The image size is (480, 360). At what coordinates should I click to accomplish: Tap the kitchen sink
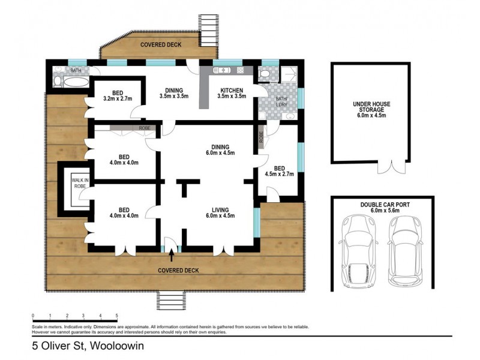221,70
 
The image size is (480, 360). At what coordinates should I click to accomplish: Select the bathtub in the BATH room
76,82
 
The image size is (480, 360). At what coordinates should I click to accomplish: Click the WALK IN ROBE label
80,183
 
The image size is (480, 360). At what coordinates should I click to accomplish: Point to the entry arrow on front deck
172,256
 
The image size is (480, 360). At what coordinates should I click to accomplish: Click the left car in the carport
358,251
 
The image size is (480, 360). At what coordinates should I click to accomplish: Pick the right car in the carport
406,251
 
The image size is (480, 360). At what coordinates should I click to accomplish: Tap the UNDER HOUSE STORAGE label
371,110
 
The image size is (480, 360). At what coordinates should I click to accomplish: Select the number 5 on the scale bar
116,316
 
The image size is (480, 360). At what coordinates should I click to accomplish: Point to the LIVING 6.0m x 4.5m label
220,213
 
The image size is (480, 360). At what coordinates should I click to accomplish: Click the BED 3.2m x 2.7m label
118,96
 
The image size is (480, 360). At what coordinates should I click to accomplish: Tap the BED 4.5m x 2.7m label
279,171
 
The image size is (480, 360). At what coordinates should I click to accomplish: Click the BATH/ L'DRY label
281,101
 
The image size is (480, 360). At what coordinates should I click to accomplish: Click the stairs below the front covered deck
172,301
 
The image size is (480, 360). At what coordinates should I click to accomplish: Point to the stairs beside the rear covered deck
208,31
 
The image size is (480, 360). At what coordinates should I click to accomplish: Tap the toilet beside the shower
264,74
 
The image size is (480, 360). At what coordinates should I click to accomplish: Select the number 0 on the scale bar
33,316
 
